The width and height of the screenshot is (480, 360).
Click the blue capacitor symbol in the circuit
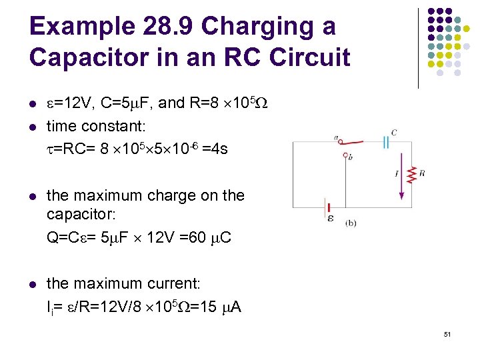coord(385,141)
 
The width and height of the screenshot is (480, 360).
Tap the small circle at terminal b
coord(345,155)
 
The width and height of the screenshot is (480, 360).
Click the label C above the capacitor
coord(394,133)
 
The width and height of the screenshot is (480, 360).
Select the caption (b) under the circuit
coord(351,223)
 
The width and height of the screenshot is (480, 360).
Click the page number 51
coord(447,334)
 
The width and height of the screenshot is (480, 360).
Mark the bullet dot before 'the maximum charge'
coord(32,196)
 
